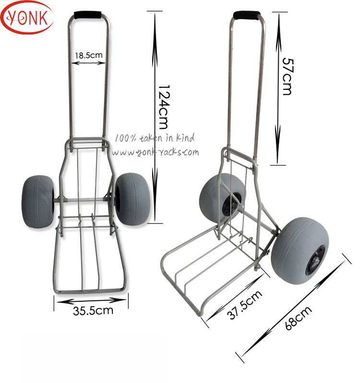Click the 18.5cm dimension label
[x=89, y=55]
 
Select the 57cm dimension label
[x=287, y=76]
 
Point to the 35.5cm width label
[x=93, y=310]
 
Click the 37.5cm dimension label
[x=245, y=304]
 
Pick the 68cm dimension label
[x=298, y=318]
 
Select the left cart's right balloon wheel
[x=132, y=197]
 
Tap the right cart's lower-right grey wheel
[x=296, y=252]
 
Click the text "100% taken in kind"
[x=155, y=138]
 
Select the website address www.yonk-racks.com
[x=155, y=152]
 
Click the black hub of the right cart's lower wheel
[x=316, y=261]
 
